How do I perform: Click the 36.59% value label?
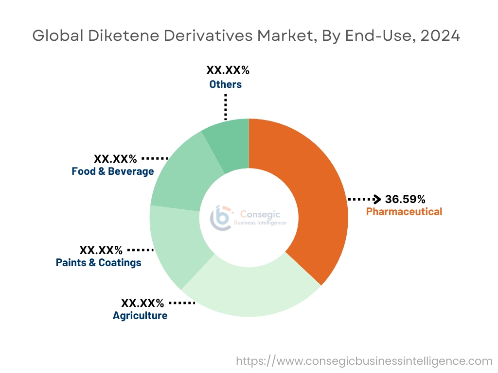tap(405, 199)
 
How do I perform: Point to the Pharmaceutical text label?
tap(404, 212)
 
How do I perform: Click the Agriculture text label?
tap(140, 316)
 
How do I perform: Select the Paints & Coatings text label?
tap(99, 263)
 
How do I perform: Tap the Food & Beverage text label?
tap(113, 171)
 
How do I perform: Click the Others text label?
tap(226, 85)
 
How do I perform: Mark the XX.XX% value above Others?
tap(228, 70)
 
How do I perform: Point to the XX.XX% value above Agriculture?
tap(142, 303)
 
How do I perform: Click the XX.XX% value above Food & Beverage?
tap(115, 159)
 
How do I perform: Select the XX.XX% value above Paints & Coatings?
tap(101, 250)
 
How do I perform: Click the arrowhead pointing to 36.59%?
tap(377, 199)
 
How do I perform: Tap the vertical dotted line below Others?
tap(225, 105)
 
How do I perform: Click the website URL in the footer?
tap(364, 361)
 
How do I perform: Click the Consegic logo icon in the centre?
tap(220, 218)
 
